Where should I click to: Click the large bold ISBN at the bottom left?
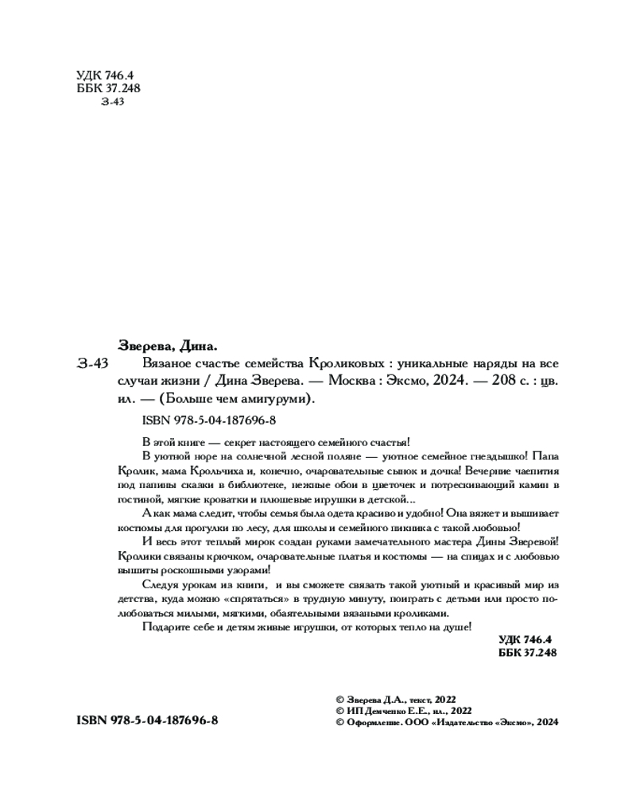pyautogui.click(x=147, y=720)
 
